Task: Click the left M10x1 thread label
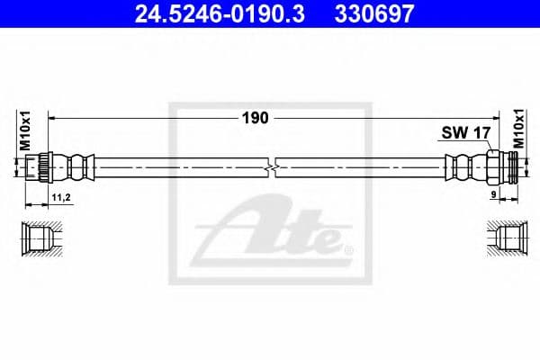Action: (x=25, y=130)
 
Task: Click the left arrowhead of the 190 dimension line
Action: (x=51, y=118)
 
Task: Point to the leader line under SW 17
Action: (x=481, y=147)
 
